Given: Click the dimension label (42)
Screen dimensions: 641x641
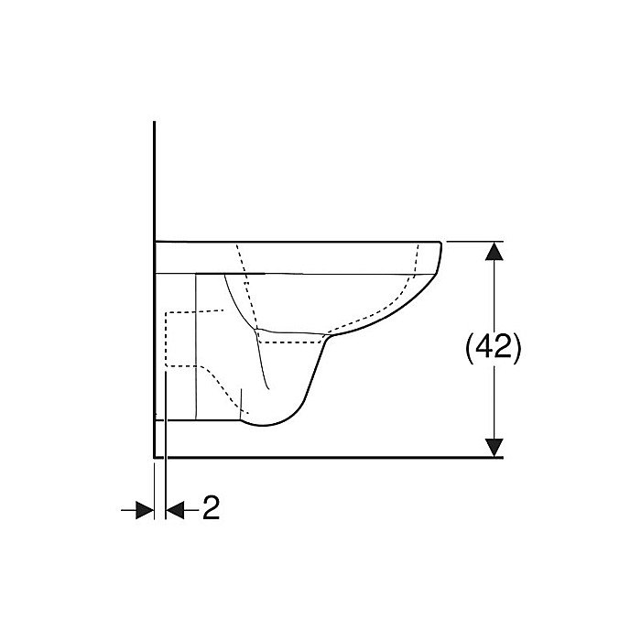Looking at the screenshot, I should tap(494, 349).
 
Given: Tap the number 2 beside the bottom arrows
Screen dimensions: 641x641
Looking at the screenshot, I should tap(211, 508).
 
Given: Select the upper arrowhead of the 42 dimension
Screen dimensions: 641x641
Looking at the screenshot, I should tap(494, 251).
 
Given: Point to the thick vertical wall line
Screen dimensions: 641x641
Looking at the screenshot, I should tap(154, 183).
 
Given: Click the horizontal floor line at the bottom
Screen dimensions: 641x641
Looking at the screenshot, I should tap(366, 456).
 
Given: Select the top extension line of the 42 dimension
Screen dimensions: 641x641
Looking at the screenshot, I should tap(472, 241).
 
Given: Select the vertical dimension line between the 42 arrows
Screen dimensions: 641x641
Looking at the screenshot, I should tap(494, 302).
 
